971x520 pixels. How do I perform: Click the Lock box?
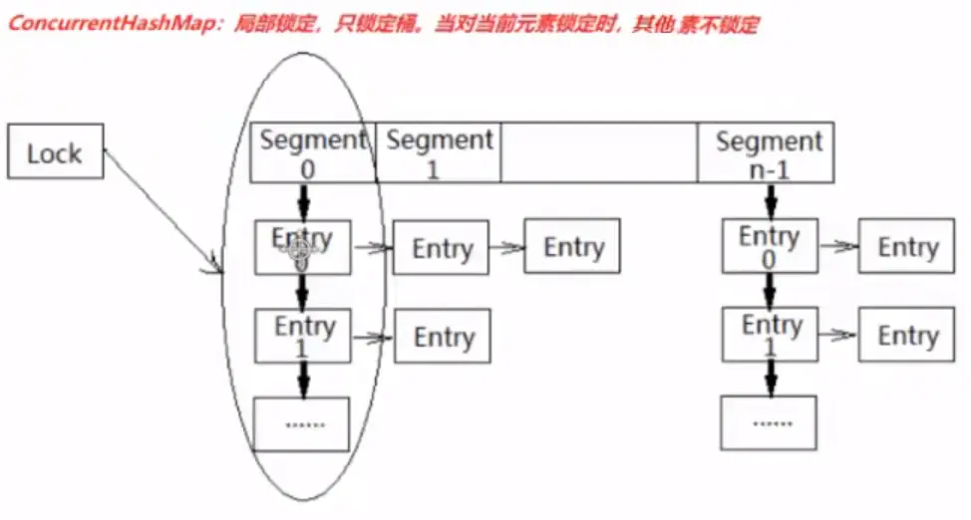tap(55, 152)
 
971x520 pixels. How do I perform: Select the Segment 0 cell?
tap(310, 153)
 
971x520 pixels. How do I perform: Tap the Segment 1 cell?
tap(438, 153)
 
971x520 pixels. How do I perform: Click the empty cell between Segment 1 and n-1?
tap(598, 153)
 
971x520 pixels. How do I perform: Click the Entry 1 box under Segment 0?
tap(303, 336)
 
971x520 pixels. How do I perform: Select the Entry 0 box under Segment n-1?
tap(769, 246)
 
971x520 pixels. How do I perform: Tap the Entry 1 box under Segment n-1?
tap(769, 335)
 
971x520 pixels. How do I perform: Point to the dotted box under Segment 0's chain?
tap(302, 423)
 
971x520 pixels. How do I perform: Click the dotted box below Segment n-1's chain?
tap(768, 422)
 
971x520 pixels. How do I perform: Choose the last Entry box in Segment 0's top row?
tap(572, 247)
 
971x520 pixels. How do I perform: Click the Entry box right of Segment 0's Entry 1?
tap(443, 336)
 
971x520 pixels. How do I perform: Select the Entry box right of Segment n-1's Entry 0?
tap(906, 247)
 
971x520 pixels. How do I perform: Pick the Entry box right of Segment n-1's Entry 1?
tap(906, 335)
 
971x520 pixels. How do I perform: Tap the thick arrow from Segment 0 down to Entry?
tap(304, 202)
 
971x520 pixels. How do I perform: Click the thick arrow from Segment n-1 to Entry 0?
tap(769, 202)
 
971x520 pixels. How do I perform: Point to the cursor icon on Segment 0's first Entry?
tap(298, 254)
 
